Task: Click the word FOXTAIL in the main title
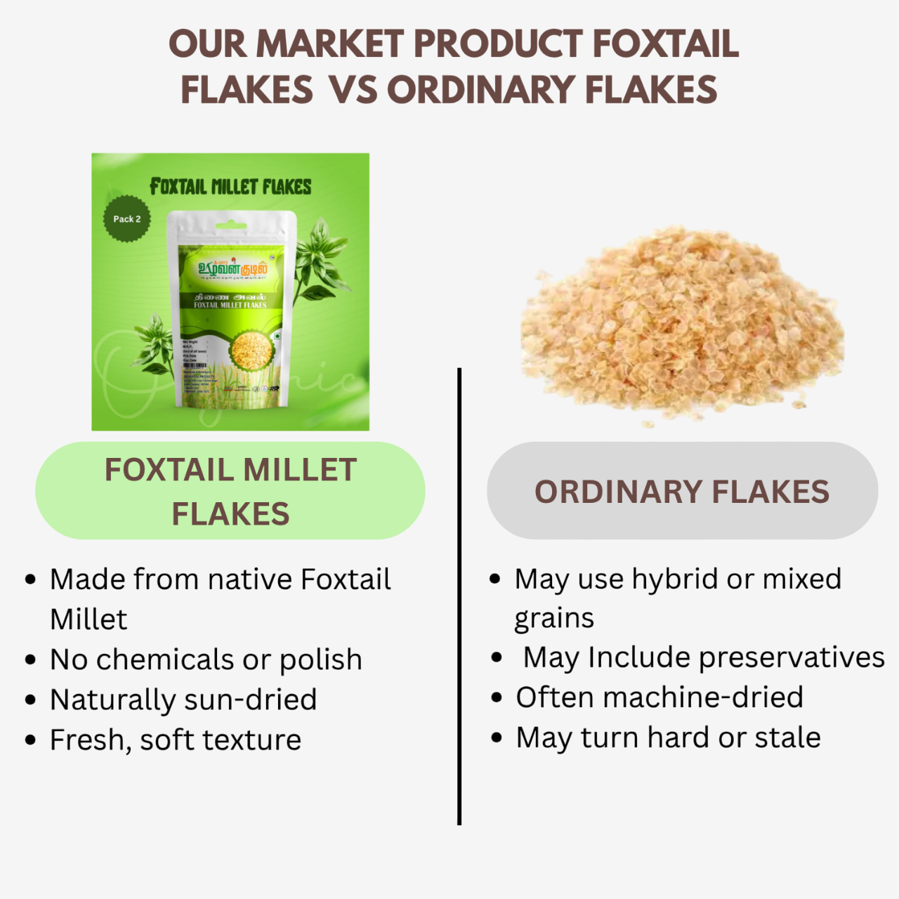pyautogui.click(x=665, y=44)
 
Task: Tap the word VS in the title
pyautogui.click(x=353, y=90)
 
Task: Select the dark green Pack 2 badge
pyautogui.click(x=127, y=218)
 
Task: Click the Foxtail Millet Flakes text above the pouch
pyautogui.click(x=230, y=187)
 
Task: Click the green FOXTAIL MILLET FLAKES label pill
pyautogui.click(x=230, y=491)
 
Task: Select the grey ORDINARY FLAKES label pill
pyautogui.click(x=682, y=491)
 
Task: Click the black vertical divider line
pyautogui.click(x=459, y=597)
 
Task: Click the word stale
pyautogui.click(x=789, y=737)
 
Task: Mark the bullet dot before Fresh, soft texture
pyautogui.click(x=30, y=740)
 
